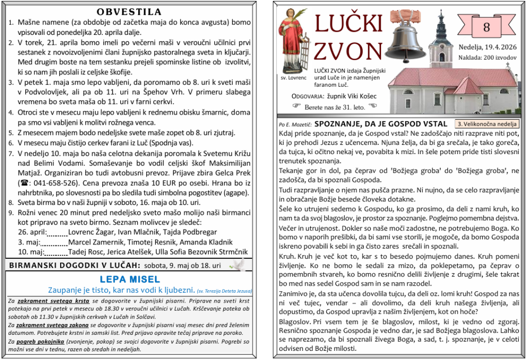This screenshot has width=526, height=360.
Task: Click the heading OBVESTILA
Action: tap(129, 12)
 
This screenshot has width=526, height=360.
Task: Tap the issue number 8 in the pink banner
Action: tap(486, 28)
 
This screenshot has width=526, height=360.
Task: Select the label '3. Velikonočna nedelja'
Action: tap(487, 124)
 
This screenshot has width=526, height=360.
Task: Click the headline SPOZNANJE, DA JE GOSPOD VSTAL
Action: tap(381, 124)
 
